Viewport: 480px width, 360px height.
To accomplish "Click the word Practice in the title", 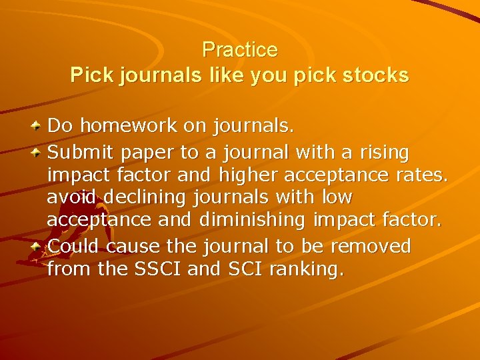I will click(239, 50).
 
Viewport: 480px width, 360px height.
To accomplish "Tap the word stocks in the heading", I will click(374, 76).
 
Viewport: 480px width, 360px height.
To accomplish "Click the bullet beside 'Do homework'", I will click(39, 125).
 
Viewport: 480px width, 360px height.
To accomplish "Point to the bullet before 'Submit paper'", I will click(39, 153).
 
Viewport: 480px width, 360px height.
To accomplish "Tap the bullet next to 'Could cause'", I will click(39, 246).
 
